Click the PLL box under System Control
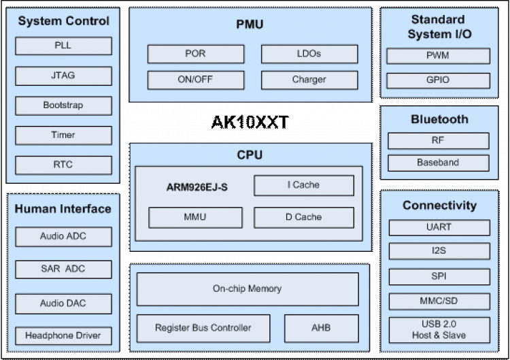(63, 46)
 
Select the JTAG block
(63, 76)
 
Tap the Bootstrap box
(63, 106)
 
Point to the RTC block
(63, 165)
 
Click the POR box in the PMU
(196, 54)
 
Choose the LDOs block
(309, 54)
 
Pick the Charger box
(309, 80)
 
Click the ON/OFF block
(196, 80)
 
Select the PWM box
(438, 56)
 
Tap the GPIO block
(438, 80)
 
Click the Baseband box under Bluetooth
(438, 163)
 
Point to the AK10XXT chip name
(250, 122)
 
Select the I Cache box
(303, 185)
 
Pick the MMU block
(195, 218)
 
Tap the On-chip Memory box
(247, 289)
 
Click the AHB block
(321, 328)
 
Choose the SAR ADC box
(63, 269)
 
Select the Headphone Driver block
(63, 336)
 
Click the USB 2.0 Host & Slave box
(439, 329)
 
